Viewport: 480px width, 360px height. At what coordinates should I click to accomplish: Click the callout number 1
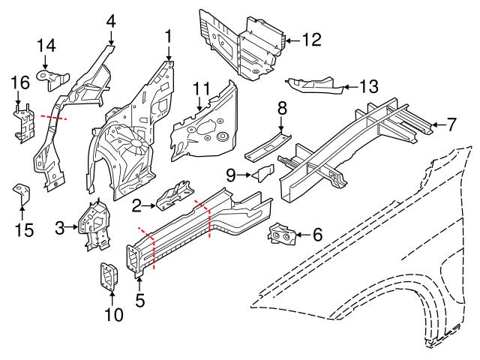pos(169,34)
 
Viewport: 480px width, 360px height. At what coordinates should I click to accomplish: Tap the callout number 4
pos(111,20)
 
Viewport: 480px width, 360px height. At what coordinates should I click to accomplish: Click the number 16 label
pos(19,82)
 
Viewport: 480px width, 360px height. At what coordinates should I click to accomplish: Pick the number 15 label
pos(24,229)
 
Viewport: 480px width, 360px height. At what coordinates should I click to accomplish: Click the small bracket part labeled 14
pos(56,79)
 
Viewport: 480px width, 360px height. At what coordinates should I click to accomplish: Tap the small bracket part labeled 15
pos(22,196)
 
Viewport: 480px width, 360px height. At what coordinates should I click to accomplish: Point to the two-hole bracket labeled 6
pos(283,236)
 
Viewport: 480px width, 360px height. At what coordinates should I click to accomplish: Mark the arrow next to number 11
pos(199,108)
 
